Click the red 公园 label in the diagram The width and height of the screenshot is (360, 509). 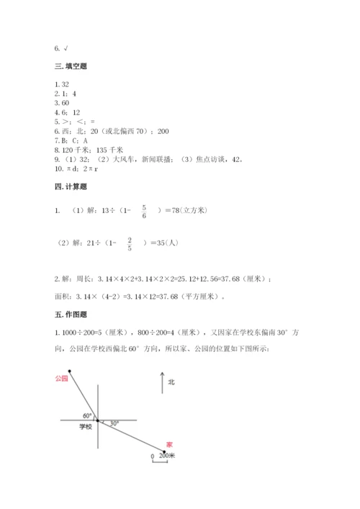pyautogui.click(x=60, y=378)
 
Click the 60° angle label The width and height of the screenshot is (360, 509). pyautogui.click(x=86, y=415)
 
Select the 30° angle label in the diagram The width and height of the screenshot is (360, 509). pyautogui.click(x=114, y=423)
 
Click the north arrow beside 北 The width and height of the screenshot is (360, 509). pyautogui.click(x=161, y=384)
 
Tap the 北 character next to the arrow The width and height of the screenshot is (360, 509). pyautogui.click(x=171, y=383)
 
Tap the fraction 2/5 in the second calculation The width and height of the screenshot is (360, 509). pyautogui.click(x=130, y=243)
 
